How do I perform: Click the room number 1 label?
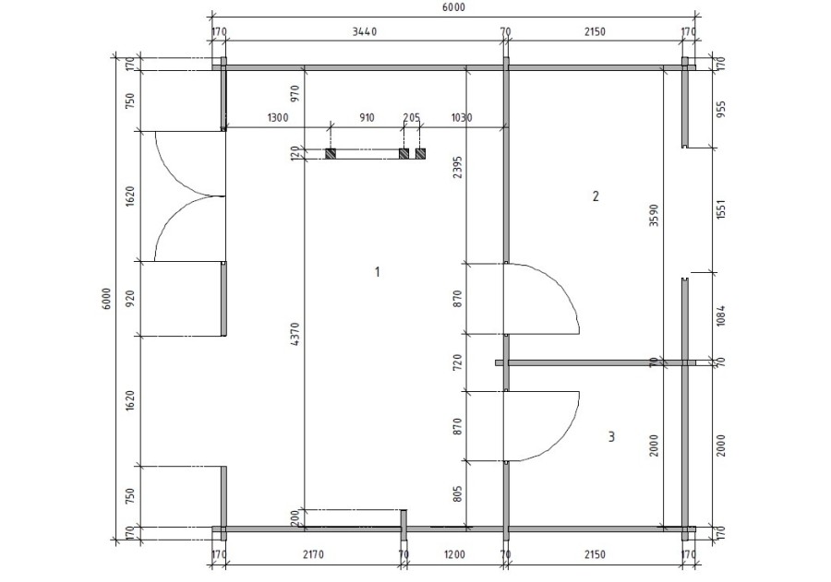377,271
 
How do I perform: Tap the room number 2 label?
596,196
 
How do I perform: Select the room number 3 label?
611,436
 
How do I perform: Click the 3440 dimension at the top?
366,31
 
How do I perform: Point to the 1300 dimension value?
277,118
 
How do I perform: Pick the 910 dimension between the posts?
366,118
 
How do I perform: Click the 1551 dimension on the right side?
722,208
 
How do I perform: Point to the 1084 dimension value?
722,316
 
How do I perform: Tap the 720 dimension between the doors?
459,362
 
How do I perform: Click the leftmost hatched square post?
331,154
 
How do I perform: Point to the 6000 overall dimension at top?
452,7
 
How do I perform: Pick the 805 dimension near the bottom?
459,494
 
